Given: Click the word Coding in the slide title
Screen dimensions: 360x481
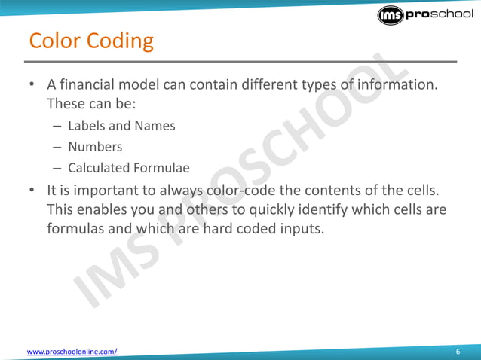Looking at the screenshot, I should pos(119,41).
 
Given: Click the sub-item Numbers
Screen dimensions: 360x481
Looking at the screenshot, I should pos(95,147).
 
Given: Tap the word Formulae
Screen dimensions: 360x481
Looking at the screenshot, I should pos(163,168).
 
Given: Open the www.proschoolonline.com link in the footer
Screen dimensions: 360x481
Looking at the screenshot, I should pos(72,352).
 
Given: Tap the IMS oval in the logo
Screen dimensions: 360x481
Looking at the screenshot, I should pos(391,17).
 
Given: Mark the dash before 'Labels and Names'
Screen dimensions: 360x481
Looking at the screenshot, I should pos(57,126).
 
